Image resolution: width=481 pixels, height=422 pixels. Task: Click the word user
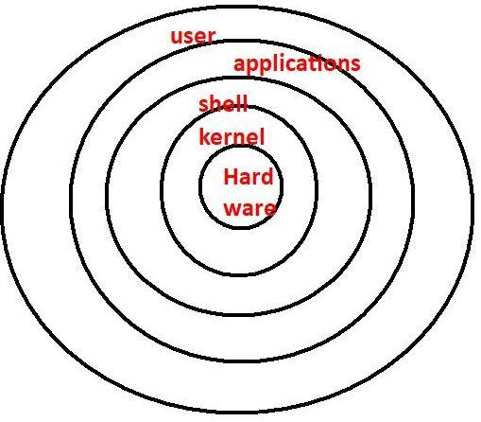tap(193, 37)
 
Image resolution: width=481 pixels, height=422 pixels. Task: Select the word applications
tap(297, 64)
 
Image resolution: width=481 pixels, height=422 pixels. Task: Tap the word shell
tap(223, 104)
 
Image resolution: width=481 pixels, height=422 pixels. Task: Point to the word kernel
tap(232, 136)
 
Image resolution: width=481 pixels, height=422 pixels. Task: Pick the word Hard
tap(249, 176)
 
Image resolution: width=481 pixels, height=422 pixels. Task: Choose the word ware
tap(249, 208)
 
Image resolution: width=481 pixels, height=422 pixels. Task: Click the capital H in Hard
tap(231, 176)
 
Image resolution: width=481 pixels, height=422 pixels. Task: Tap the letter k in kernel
tap(205, 136)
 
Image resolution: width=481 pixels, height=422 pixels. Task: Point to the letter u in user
tap(176, 38)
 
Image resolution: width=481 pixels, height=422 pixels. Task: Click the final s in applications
tap(355, 64)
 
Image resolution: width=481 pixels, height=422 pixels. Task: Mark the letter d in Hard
tap(267, 176)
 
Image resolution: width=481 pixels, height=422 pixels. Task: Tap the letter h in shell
tap(215, 104)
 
